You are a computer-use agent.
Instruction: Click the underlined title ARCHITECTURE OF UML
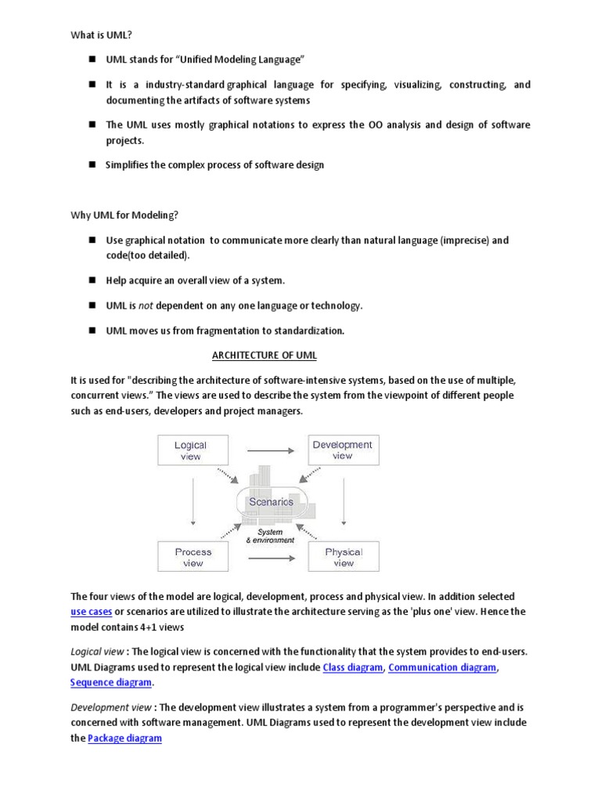tap(265, 355)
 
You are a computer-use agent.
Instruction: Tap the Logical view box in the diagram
tap(190, 450)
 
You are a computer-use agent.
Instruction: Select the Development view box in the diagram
tap(343, 450)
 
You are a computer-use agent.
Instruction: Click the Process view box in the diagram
tap(193, 557)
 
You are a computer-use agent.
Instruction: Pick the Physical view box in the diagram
tap(344, 557)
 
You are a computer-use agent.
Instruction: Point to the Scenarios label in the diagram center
tap(271, 501)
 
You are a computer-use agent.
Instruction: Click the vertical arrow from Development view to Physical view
tap(344, 503)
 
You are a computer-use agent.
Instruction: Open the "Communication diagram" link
tap(442, 667)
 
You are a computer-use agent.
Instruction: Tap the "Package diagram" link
tap(124, 738)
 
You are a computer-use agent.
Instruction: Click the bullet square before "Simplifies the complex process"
tap(91, 164)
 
